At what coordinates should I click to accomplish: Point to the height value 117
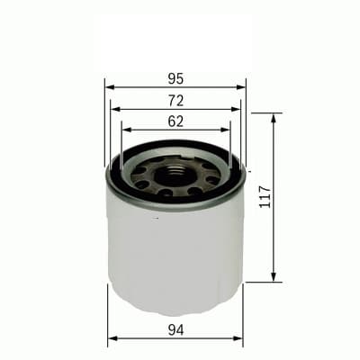(x=264, y=195)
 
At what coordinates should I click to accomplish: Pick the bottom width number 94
(x=175, y=329)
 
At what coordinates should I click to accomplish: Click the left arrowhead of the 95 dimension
(x=109, y=87)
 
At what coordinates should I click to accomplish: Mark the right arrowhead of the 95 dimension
(x=242, y=87)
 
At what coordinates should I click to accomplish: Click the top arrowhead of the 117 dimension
(x=274, y=118)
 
